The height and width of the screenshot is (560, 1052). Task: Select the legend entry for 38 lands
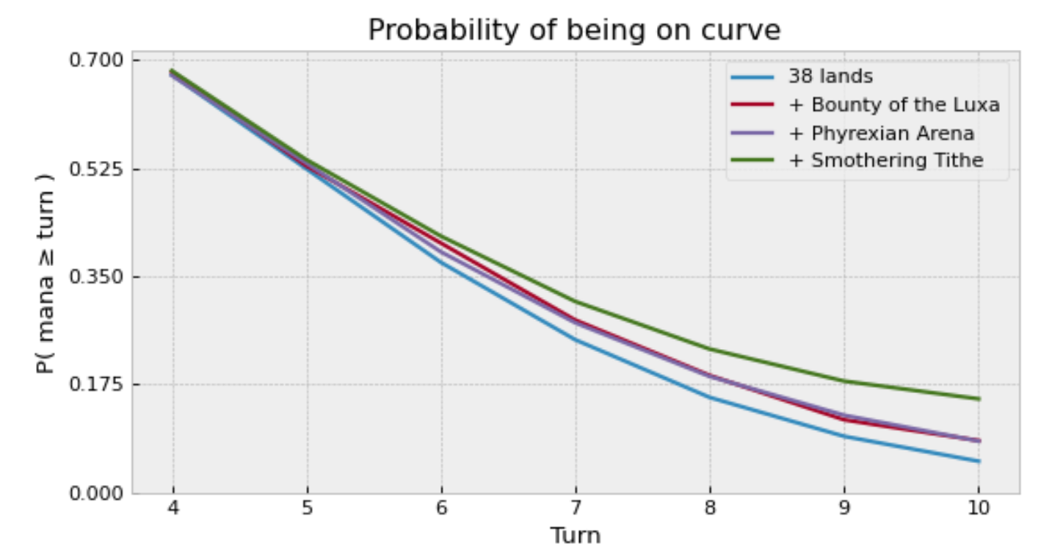click(x=830, y=76)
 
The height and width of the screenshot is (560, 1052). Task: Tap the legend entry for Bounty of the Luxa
click(x=893, y=105)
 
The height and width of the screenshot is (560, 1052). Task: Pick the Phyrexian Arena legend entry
click(x=881, y=133)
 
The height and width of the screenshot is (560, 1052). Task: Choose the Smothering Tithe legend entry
click(x=885, y=160)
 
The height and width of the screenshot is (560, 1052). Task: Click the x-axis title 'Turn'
click(x=576, y=536)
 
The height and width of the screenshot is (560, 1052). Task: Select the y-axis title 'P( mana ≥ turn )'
click(x=46, y=276)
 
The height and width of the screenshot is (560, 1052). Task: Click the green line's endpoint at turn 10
click(x=978, y=399)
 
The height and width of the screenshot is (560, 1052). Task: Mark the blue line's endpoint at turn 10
click(x=978, y=462)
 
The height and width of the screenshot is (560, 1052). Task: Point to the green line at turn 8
click(x=710, y=348)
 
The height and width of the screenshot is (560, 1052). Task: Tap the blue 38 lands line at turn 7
click(x=576, y=340)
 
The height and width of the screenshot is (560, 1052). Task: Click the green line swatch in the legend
click(x=752, y=160)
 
